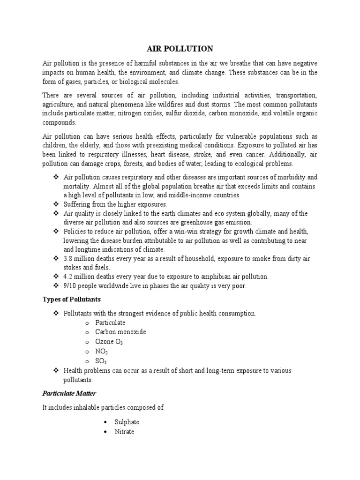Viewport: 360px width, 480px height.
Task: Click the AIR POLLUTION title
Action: [x=180, y=49]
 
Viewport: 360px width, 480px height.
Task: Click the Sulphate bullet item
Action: [x=127, y=422]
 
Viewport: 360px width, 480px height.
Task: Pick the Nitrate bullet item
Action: [x=124, y=431]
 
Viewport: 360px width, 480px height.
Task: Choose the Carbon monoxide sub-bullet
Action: [x=120, y=332]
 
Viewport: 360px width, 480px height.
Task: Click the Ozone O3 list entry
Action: [x=109, y=342]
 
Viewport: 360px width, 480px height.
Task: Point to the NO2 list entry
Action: [x=102, y=351]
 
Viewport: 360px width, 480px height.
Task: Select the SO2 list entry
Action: [x=101, y=361]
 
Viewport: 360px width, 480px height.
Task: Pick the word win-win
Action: [x=189, y=232]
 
